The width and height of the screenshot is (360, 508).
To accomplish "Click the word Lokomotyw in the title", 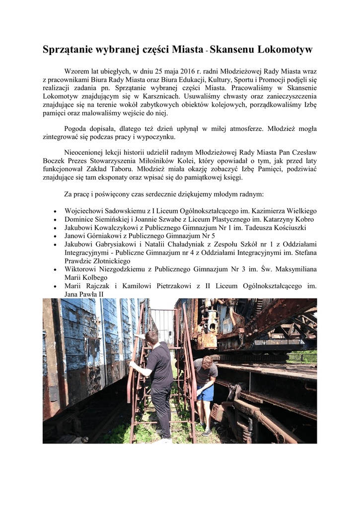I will (x=284, y=50).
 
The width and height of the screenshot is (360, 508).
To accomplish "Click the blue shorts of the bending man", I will (x=205, y=392).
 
